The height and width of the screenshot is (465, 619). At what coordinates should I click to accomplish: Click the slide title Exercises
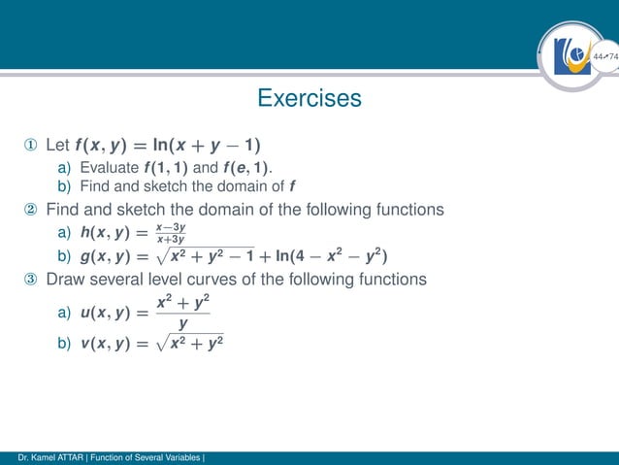[309, 98]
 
